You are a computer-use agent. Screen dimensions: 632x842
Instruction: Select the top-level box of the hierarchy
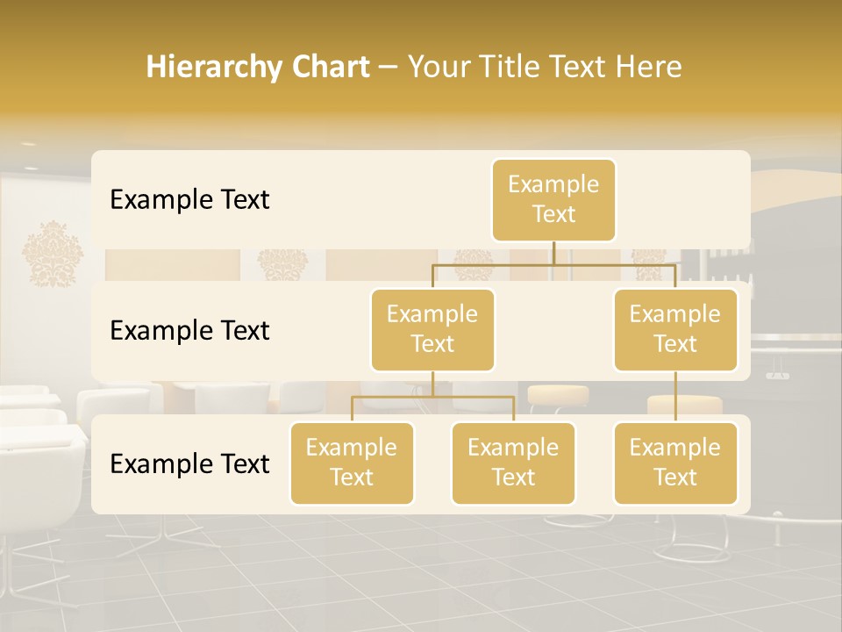(x=553, y=199)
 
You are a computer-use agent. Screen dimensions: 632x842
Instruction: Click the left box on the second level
(x=432, y=329)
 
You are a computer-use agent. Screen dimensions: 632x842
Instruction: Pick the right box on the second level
(x=675, y=329)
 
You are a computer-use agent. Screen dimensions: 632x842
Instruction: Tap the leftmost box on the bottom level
(x=352, y=463)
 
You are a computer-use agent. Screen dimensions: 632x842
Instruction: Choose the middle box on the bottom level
(x=513, y=463)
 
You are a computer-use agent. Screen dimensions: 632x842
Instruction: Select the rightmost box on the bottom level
(x=675, y=463)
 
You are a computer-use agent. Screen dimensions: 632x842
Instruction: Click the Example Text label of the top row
(x=189, y=200)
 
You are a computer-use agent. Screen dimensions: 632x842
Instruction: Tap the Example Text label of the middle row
(x=189, y=331)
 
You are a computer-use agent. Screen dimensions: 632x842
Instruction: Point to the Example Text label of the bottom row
(x=189, y=463)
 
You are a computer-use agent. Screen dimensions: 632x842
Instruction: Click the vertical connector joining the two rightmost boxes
(x=675, y=396)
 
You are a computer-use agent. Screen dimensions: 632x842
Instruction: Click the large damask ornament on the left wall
(x=53, y=254)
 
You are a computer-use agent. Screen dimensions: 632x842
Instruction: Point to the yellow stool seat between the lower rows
(x=557, y=394)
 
